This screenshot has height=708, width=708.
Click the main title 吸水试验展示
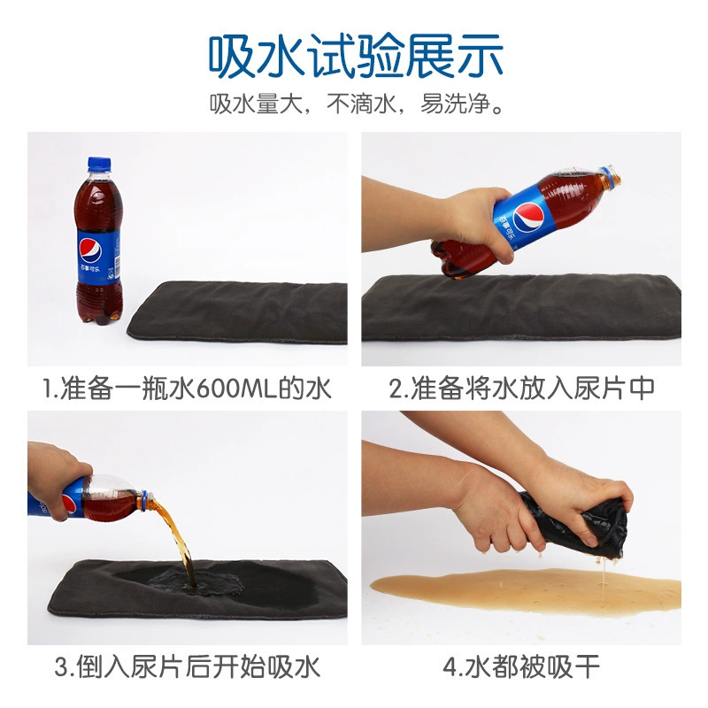tap(356, 56)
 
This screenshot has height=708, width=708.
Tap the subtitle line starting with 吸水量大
tap(356, 104)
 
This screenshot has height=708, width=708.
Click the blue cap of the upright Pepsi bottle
tap(99, 165)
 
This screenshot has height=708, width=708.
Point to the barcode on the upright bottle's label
tap(117, 266)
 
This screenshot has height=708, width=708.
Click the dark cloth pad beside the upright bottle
tap(238, 312)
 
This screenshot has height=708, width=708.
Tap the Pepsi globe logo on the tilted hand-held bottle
tap(527, 216)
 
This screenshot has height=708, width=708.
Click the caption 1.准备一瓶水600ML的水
tap(187, 388)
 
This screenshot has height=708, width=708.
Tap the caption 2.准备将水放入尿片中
tap(522, 388)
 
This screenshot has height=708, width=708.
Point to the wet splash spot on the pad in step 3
tap(196, 583)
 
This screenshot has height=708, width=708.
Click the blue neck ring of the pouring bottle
tap(143, 501)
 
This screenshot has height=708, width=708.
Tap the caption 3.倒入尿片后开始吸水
tap(187, 666)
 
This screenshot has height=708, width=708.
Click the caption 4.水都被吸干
tap(521, 666)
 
